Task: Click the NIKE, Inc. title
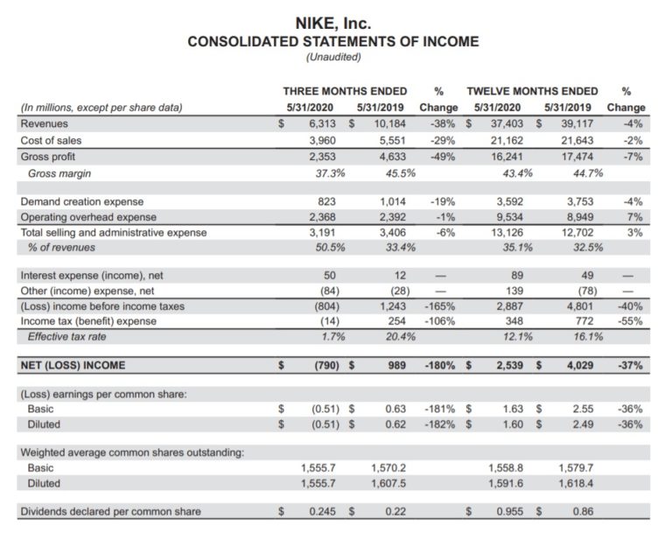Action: [x=335, y=24]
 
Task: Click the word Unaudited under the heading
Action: [x=334, y=58]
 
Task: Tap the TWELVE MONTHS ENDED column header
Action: [x=533, y=91]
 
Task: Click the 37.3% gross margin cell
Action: [x=323, y=173]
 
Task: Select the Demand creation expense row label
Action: [x=81, y=201]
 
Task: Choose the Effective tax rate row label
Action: [x=68, y=337]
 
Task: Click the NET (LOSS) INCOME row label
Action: [x=73, y=365]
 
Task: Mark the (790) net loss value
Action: [x=323, y=365]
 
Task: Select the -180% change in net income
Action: [x=438, y=365]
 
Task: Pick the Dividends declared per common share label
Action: [x=110, y=511]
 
